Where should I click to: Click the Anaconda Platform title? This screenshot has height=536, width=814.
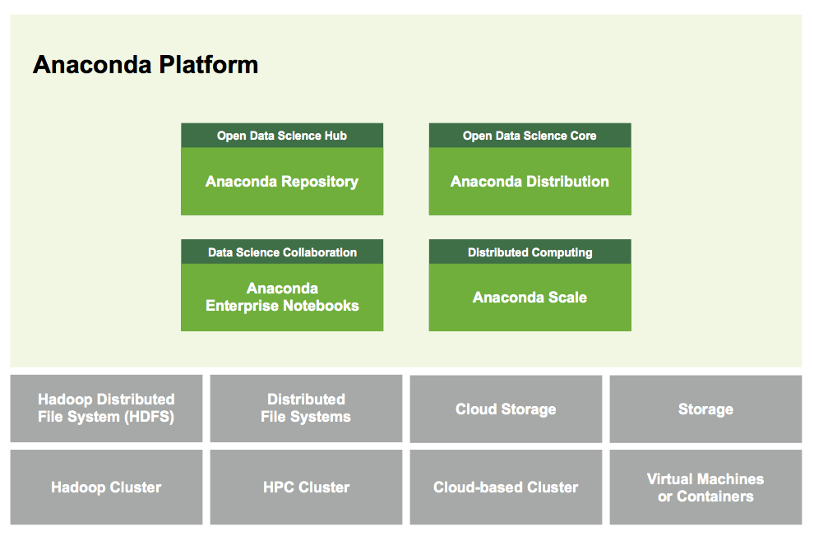tap(146, 65)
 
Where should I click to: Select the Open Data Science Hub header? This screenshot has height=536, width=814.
tap(282, 136)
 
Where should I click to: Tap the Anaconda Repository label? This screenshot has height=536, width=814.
tap(282, 182)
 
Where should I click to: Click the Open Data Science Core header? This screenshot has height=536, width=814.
tap(530, 136)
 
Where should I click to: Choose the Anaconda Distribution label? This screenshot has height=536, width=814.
tap(530, 182)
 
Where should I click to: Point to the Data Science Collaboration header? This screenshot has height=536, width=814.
tap(282, 252)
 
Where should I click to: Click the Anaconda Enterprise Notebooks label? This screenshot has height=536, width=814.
tap(282, 298)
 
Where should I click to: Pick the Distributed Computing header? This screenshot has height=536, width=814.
tap(530, 252)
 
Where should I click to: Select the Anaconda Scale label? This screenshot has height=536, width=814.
tap(530, 298)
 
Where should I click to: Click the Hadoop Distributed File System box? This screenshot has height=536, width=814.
tap(106, 409)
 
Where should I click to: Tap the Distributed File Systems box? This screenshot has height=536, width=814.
tap(306, 409)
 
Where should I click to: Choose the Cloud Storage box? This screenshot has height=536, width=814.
tap(506, 409)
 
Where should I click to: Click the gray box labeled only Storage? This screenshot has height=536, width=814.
tap(705, 409)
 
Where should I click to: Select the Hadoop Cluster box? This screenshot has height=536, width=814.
tap(106, 487)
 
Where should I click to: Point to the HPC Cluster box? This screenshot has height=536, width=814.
tap(306, 487)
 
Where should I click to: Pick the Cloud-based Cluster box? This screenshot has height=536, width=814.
tap(506, 487)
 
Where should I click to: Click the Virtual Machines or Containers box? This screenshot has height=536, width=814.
tap(705, 487)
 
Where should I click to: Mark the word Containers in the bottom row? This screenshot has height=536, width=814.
tap(715, 497)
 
